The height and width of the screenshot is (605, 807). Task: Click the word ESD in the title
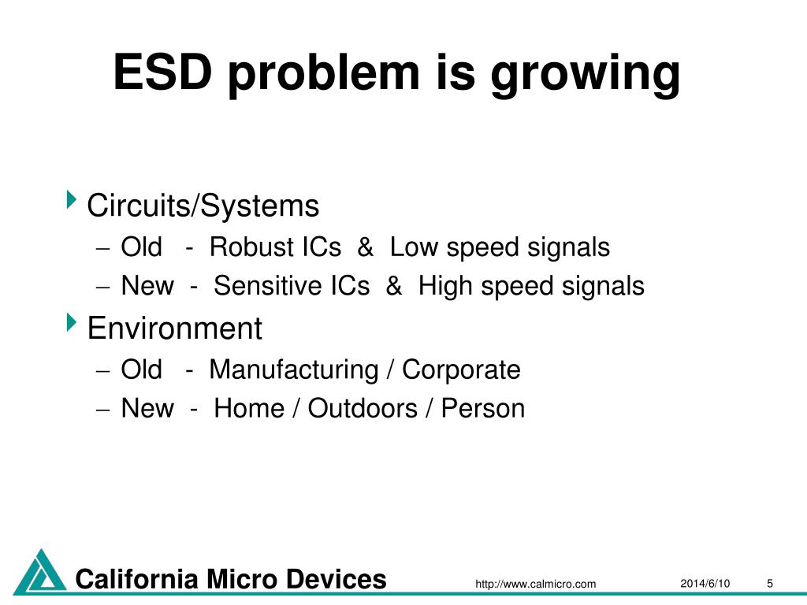(x=161, y=72)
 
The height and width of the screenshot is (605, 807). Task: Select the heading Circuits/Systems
(x=203, y=206)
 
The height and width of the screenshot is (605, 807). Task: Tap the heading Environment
(x=174, y=328)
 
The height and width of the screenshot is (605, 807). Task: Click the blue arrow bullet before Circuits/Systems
(x=73, y=200)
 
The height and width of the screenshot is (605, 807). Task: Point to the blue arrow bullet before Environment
(x=73, y=321)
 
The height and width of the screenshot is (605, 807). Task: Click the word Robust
(x=240, y=247)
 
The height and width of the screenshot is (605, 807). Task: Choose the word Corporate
(x=461, y=369)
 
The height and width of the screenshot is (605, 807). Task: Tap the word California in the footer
(x=136, y=580)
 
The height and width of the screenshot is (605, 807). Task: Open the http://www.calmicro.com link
(x=535, y=584)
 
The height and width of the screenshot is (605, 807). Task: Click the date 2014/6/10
(x=705, y=583)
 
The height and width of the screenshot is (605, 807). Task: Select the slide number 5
(x=770, y=583)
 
